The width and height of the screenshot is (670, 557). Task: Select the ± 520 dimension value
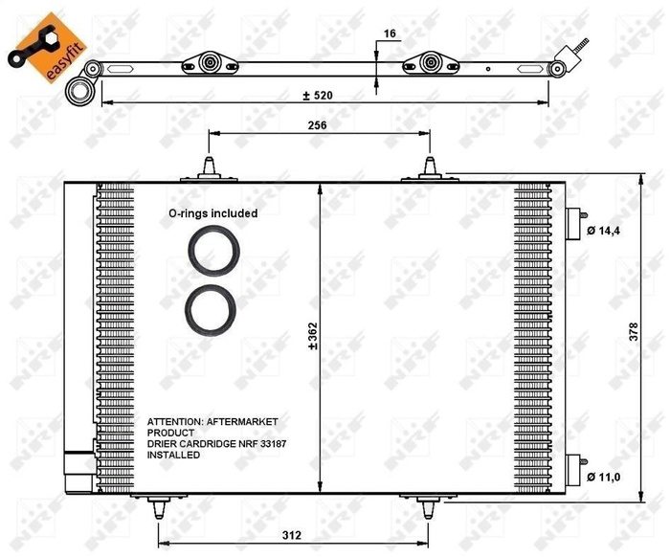pyautogui.click(x=322, y=95)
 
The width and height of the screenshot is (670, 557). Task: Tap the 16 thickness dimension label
pyautogui.click(x=389, y=33)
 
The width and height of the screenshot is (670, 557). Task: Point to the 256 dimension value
pyautogui.click(x=319, y=124)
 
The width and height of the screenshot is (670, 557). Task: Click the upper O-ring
pyautogui.click(x=211, y=251)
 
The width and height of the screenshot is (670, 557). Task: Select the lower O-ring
pyautogui.click(x=211, y=308)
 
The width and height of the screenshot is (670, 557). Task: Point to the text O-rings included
pyautogui.click(x=212, y=213)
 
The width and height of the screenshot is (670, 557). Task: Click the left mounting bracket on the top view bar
pyautogui.click(x=211, y=65)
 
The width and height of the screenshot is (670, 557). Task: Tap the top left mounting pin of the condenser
pyautogui.click(x=209, y=167)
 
